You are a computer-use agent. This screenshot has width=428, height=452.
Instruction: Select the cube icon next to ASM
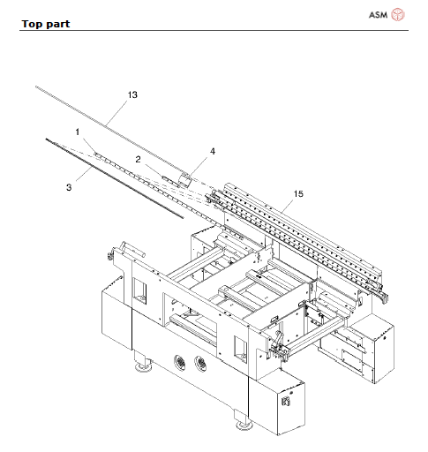(398, 13)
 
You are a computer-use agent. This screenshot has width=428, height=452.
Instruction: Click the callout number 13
(132, 94)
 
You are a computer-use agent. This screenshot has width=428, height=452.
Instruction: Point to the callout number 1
(78, 132)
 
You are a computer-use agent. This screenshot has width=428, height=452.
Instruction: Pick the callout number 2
(139, 159)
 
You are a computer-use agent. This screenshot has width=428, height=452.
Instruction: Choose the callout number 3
(68, 186)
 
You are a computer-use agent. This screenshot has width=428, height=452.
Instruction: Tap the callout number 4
(212, 151)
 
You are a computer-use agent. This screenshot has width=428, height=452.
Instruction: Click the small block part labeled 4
(185, 179)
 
